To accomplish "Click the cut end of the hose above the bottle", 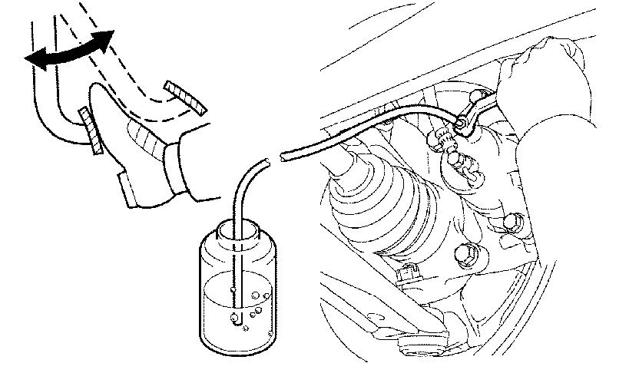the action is pyautogui.click(x=266, y=160).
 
